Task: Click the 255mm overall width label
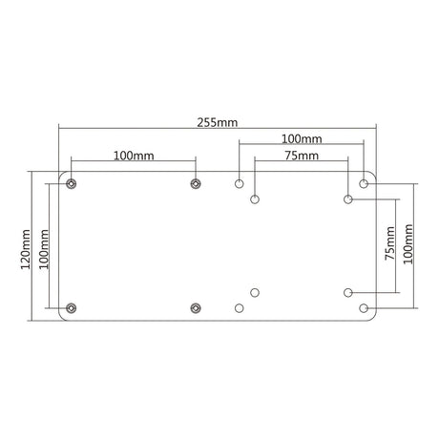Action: coord(218,122)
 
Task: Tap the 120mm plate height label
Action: coord(26,249)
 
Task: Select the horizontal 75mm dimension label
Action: coord(302,156)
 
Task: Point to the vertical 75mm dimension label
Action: coord(389,243)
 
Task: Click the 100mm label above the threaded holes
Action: coord(134,156)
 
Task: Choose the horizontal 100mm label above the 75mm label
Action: coord(302,139)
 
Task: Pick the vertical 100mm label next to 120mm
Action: coord(44,249)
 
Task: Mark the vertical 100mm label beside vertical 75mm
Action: coord(408,244)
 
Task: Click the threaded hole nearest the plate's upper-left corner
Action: coord(72,183)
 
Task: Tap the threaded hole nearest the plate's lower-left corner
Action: coord(72,308)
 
